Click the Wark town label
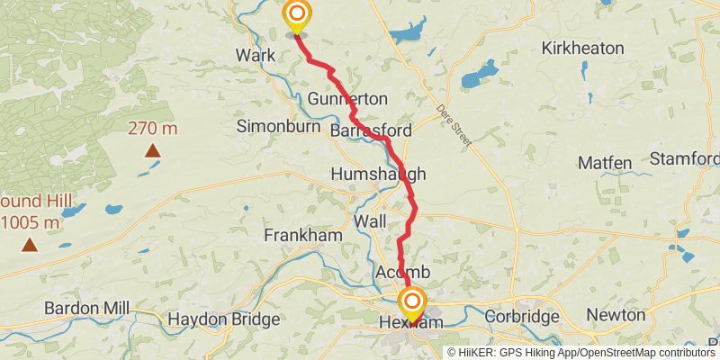[256, 56]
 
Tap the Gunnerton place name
[347, 98]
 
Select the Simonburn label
[279, 127]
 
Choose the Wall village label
[371, 221]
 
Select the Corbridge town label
[522, 317]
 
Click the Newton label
[616, 315]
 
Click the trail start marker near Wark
[296, 16]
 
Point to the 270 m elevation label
[153, 128]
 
